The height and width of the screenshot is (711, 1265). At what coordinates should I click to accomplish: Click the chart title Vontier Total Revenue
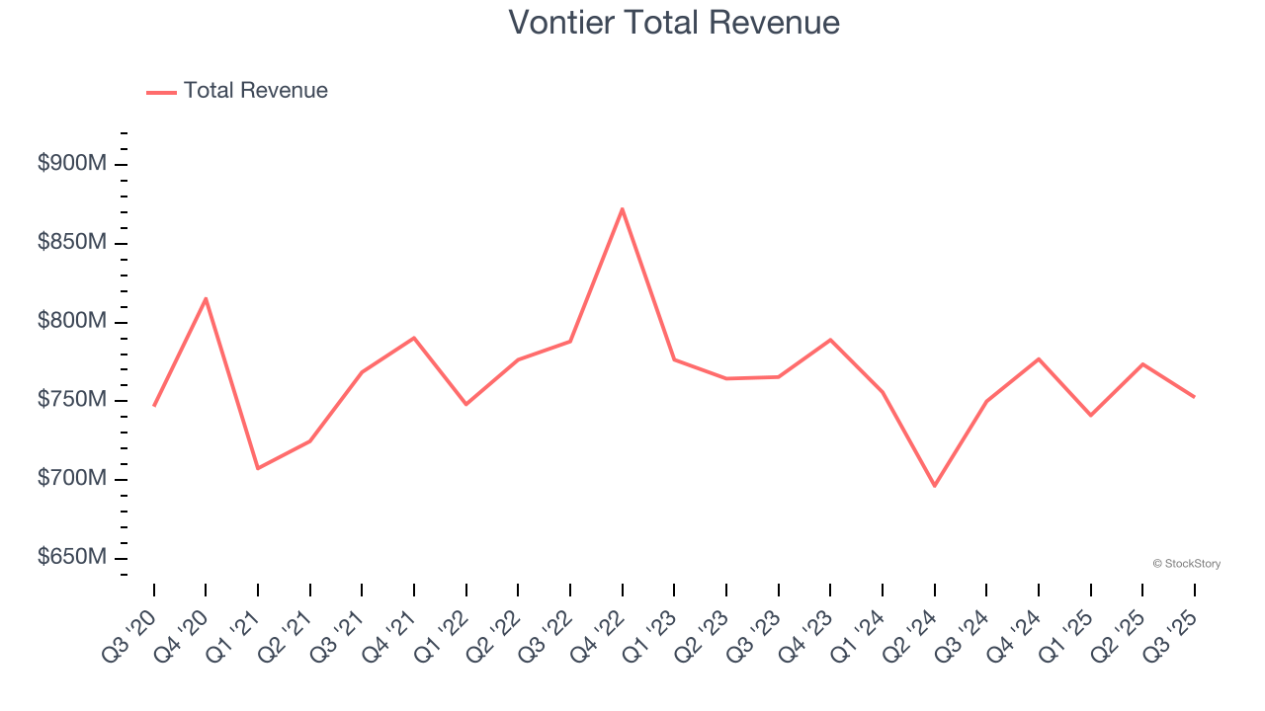674,22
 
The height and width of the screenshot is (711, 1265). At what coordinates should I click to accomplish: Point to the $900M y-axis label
72,164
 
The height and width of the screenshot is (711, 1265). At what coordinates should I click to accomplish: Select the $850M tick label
72,243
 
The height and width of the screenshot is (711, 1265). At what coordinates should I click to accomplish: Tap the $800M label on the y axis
72,322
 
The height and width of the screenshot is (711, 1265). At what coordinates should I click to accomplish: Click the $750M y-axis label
72,400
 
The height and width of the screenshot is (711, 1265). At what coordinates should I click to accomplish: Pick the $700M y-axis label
72,479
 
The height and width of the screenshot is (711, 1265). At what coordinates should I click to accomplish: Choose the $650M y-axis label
72,558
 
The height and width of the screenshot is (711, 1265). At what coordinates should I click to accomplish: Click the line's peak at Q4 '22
622,208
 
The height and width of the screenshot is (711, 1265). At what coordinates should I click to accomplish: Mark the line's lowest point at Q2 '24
934,486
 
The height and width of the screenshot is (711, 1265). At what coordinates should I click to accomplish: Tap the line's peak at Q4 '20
206,298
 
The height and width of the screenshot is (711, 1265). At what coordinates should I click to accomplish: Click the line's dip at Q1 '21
258,468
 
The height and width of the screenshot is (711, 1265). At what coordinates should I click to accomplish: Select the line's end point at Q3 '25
1194,397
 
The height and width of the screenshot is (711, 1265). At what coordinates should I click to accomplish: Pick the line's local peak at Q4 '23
830,340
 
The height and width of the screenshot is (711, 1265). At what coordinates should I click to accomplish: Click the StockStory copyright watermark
1186,564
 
